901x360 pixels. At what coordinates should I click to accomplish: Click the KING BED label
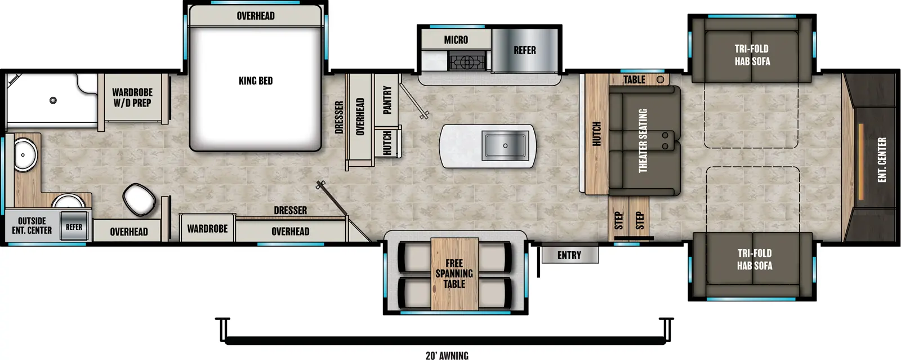click(x=256, y=81)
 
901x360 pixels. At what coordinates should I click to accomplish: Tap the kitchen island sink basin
click(x=505, y=145)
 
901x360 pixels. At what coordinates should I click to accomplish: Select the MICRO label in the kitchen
click(x=456, y=39)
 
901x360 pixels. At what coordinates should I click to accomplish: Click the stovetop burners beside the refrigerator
click(x=467, y=60)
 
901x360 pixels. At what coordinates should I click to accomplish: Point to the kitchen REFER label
click(x=524, y=50)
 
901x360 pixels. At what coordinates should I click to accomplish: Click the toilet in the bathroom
click(x=139, y=199)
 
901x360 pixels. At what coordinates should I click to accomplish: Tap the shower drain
click(x=53, y=100)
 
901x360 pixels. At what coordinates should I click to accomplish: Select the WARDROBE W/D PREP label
click(x=132, y=97)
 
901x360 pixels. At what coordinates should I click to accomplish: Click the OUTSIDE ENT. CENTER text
click(x=32, y=225)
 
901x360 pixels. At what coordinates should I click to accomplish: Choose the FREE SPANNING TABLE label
click(x=454, y=273)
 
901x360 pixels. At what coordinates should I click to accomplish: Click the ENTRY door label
click(x=569, y=255)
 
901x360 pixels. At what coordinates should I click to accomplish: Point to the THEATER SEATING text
click(x=643, y=141)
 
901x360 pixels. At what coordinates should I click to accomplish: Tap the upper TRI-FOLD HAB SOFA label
click(x=751, y=55)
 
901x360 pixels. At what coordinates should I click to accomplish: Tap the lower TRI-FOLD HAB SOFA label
click(x=754, y=259)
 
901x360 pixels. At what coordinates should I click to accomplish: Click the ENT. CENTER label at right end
click(x=882, y=159)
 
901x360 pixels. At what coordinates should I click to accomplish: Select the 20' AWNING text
click(x=447, y=355)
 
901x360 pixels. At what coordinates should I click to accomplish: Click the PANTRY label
click(x=387, y=100)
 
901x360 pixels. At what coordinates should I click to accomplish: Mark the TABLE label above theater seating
click(x=634, y=79)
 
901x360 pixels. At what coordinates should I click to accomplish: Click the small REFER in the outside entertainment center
click(x=74, y=226)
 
